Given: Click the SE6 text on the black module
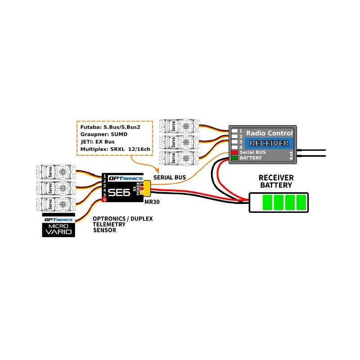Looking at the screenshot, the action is (119, 193).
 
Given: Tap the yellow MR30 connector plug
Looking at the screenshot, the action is (147, 188).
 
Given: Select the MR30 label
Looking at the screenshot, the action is (152, 202).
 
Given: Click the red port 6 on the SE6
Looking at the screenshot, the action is (104, 199).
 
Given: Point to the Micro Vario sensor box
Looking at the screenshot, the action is (58, 225).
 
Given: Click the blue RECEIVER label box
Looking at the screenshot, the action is (269, 143).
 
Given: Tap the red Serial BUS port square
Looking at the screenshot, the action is (234, 152).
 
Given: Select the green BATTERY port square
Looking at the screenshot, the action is (234, 158).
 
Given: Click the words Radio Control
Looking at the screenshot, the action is (270, 133).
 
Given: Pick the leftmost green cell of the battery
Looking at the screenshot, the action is (267, 202).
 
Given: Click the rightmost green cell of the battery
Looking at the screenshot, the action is (301, 202).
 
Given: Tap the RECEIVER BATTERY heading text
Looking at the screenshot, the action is (276, 181).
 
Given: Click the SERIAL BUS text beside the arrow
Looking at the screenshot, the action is (170, 177).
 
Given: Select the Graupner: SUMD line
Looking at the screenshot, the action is (104, 134).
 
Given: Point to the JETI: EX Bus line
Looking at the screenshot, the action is (97, 142).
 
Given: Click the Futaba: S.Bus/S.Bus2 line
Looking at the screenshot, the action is (110, 127).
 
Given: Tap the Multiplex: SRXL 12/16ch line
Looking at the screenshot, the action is (115, 149).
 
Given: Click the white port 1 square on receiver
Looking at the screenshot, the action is (234, 131).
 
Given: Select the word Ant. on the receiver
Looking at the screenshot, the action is (291, 155).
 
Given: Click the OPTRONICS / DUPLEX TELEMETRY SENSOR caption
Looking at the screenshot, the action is (122, 224).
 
